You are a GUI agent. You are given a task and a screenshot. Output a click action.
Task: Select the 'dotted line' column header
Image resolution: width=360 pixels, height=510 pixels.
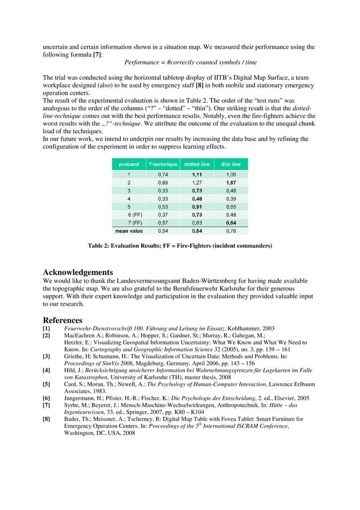click(197, 164)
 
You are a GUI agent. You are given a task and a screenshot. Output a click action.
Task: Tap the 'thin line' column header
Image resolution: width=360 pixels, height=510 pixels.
click(231, 164)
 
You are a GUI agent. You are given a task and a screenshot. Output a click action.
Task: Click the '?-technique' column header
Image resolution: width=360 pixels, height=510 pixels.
click(163, 164)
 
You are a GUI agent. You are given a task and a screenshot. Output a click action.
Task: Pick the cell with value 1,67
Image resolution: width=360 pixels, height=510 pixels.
click(231, 183)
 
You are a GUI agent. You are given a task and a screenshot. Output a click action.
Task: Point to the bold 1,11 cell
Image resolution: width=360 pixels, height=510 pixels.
click(197, 175)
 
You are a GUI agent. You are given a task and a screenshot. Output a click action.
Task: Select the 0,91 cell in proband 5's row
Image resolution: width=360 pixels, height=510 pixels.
click(197, 207)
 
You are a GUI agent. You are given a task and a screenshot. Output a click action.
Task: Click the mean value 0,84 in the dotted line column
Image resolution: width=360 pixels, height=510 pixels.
click(197, 230)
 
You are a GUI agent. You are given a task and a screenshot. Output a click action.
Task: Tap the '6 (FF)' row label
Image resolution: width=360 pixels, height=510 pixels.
click(134, 215)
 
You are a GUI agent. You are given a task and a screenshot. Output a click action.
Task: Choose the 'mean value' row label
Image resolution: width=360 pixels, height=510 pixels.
click(129, 230)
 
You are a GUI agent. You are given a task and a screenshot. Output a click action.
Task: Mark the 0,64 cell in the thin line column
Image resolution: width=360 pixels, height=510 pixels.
click(231, 223)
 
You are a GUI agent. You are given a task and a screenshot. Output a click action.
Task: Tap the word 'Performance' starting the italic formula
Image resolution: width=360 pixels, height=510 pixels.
click(142, 63)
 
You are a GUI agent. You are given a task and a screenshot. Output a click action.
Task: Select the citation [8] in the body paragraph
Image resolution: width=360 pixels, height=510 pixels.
click(199, 85)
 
